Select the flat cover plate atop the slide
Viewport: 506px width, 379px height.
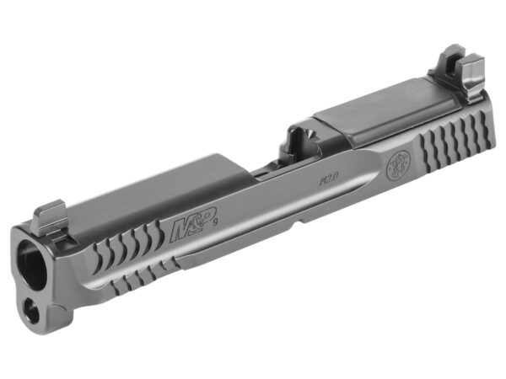pyautogui.click(x=384, y=112)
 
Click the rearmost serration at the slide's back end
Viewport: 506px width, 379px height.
pyautogui.click(x=483, y=123)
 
